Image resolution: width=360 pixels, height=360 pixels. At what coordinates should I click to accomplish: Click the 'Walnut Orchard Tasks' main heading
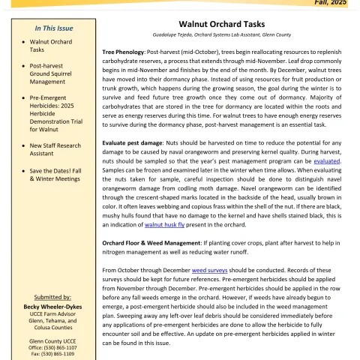226,24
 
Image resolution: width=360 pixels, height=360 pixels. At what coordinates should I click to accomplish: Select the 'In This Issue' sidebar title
48,28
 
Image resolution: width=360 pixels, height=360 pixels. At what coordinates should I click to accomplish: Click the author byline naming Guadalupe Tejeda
226,36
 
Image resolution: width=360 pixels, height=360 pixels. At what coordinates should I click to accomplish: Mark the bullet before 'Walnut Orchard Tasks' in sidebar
24,42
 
